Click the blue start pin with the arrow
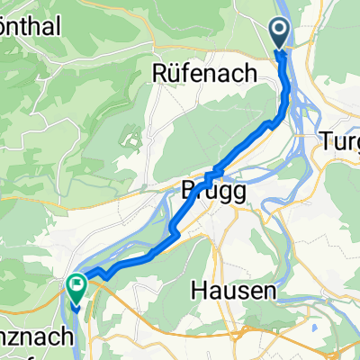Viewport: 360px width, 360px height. [279, 34]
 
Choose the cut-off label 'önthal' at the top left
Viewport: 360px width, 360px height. [29, 27]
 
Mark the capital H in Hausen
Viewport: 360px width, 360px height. [200, 291]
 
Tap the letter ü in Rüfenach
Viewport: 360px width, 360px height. [177, 71]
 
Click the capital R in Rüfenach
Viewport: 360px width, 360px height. [163, 71]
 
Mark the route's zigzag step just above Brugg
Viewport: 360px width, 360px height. [214, 174]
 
